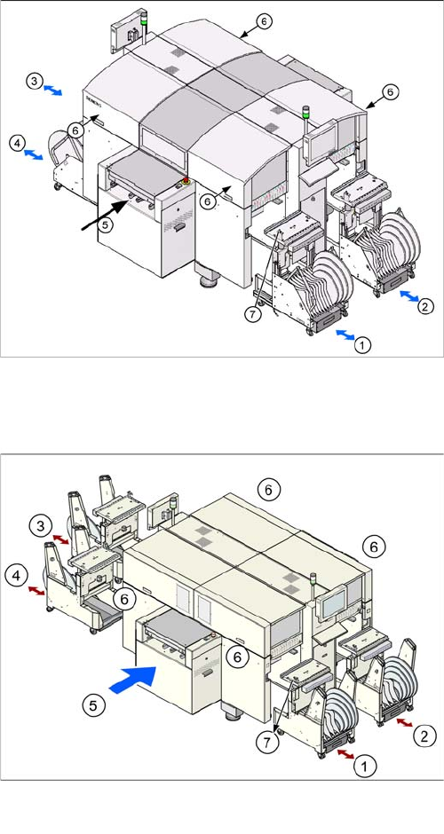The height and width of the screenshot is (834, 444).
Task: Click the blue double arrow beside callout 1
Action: [345, 334]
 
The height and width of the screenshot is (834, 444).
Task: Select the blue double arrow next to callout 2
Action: [408, 296]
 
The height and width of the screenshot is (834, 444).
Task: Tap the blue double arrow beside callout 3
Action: [52, 90]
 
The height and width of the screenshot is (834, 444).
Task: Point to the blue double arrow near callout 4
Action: [34, 154]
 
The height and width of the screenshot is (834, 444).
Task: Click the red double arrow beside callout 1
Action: [345, 754]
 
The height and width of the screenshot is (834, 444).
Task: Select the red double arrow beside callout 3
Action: [60, 539]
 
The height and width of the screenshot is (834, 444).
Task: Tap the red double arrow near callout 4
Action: [36, 590]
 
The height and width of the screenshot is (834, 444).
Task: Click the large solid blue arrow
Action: [132, 680]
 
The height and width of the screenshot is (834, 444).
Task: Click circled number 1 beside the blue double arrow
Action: [362, 345]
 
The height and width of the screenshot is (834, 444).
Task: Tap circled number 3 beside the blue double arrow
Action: [35, 82]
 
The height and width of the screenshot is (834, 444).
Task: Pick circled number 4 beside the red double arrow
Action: [16, 576]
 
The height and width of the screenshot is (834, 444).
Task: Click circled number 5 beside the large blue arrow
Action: [92, 706]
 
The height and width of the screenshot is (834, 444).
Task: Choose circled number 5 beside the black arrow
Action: [106, 224]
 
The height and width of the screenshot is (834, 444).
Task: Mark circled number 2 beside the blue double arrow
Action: [424, 307]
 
